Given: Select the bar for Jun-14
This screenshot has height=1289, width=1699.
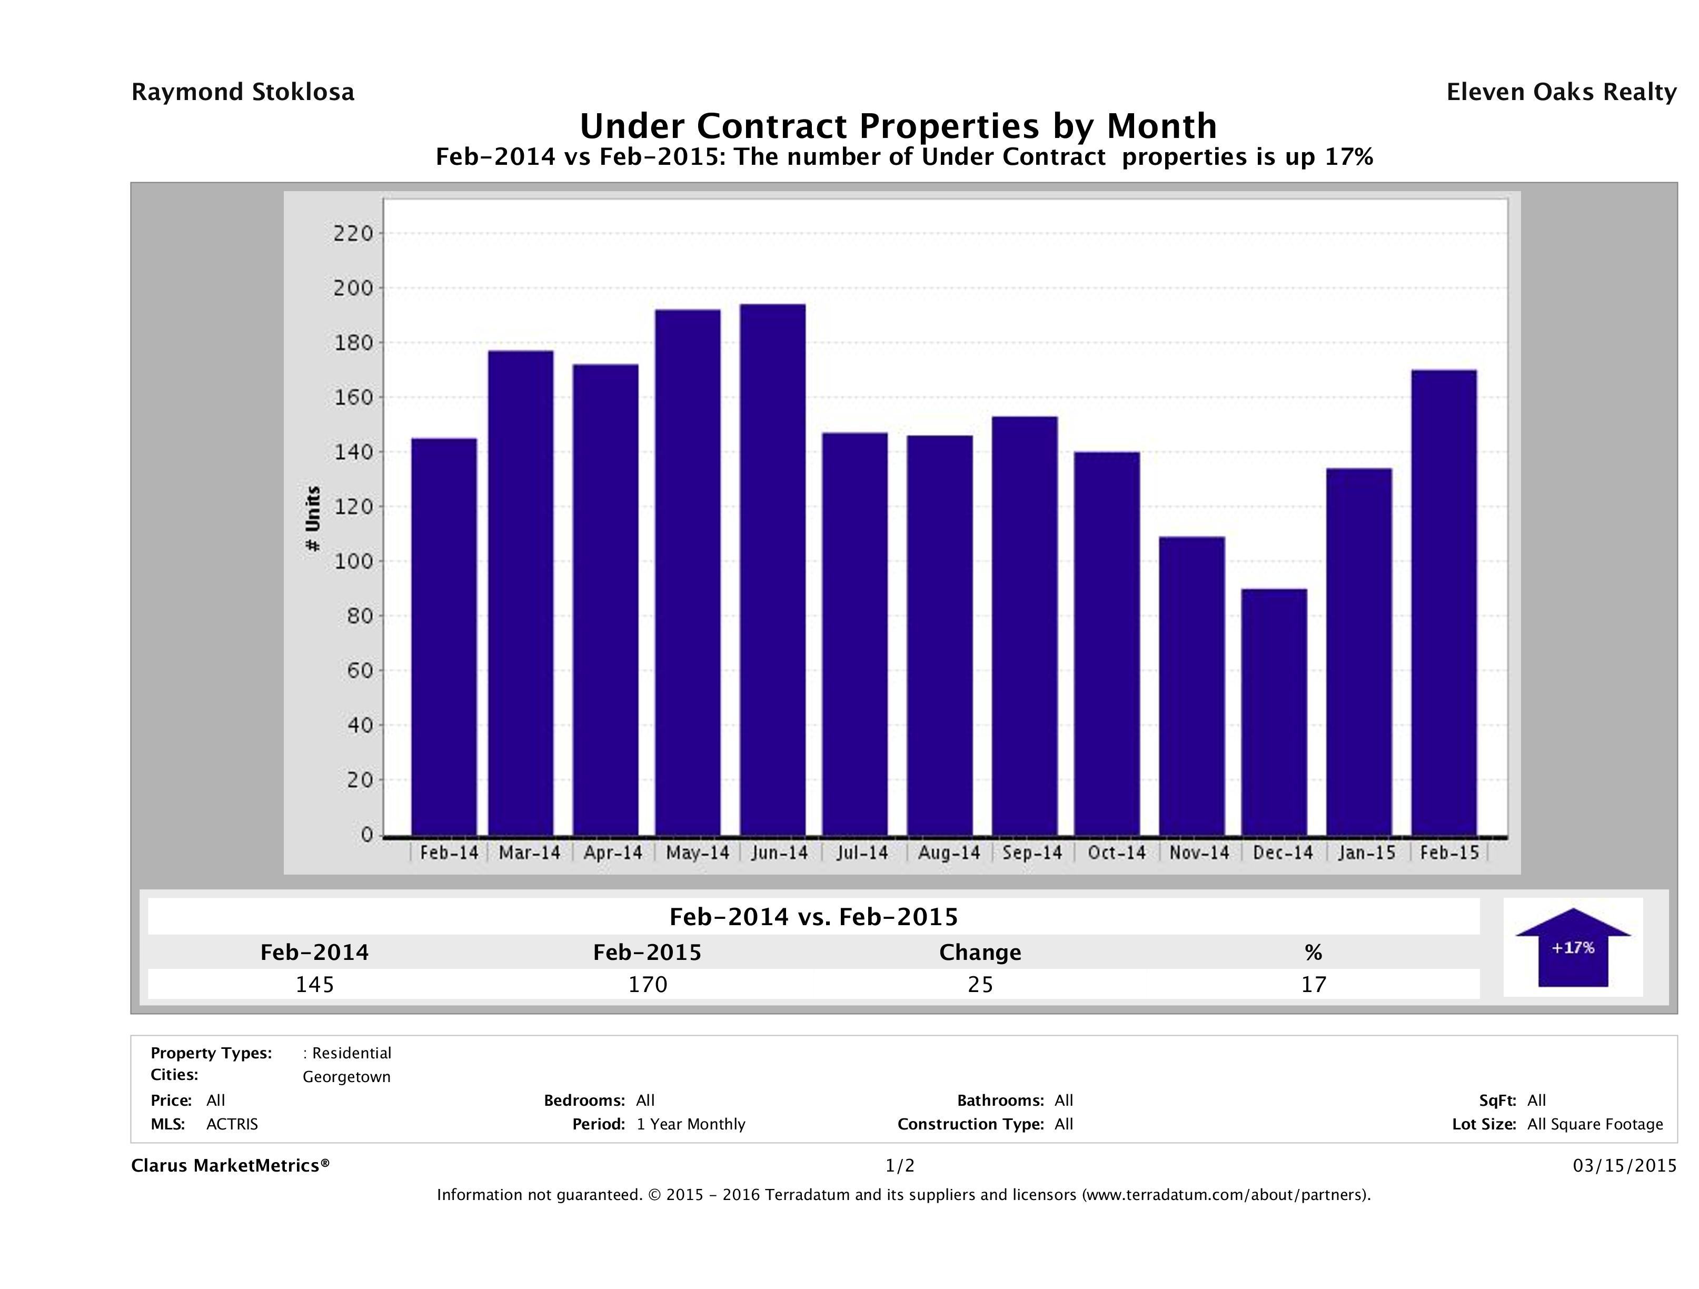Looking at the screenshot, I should click(773, 569).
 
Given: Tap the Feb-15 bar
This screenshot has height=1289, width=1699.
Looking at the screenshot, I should click(1444, 602).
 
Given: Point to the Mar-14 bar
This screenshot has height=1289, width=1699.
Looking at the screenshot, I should click(521, 592).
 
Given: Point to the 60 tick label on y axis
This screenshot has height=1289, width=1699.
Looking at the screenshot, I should click(358, 671).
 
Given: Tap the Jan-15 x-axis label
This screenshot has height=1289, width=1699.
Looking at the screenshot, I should click(1366, 852).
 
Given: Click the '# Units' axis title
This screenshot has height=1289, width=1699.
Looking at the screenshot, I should click(313, 519).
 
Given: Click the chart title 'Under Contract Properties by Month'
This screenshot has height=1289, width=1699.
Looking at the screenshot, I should click(898, 125).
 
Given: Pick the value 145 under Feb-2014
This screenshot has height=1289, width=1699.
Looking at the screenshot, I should click(315, 984).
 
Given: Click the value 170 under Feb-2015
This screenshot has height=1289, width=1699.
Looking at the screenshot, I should click(648, 984).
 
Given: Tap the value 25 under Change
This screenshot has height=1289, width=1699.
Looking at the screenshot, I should click(980, 984).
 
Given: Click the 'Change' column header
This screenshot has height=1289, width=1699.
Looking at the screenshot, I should click(980, 953).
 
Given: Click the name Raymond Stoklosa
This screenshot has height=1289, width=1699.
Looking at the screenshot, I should click(243, 92).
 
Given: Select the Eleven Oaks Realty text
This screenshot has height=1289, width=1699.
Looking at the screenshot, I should click(1561, 92).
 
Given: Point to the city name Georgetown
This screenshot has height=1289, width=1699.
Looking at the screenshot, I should click(346, 1077).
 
